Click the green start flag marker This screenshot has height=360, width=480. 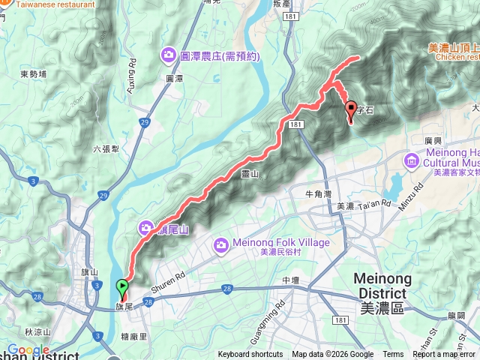pyautogui.click(x=122, y=286)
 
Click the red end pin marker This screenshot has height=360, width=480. pyautogui.click(x=350, y=111)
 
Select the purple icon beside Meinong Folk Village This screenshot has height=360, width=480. pyautogui.click(x=221, y=244)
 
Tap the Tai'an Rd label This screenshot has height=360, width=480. pyautogui.click(x=374, y=204)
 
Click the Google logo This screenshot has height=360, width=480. pyautogui.click(x=28, y=349)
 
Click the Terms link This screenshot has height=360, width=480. pyautogui.click(x=393, y=355)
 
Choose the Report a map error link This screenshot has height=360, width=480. pyautogui.click(x=444, y=355)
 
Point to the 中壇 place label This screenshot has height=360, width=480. pyautogui.click(x=291, y=280)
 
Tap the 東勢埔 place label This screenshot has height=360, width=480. pyautogui.click(x=33, y=73)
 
